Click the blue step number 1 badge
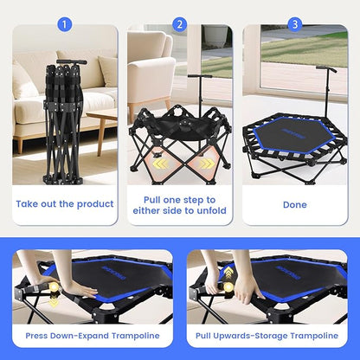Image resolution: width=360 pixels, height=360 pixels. (x=65, y=24)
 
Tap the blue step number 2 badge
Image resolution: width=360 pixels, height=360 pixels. (x=180, y=24)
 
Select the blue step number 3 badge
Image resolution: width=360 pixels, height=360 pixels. (x=294, y=24)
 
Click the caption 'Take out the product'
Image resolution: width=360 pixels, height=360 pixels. (x=65, y=204)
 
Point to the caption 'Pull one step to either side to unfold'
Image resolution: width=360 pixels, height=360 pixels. (x=180, y=204)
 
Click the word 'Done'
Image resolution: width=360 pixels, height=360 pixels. (x=294, y=204)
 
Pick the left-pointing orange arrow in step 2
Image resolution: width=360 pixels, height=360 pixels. (x=159, y=163)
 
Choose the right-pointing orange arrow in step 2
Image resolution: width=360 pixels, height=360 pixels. (x=205, y=163)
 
